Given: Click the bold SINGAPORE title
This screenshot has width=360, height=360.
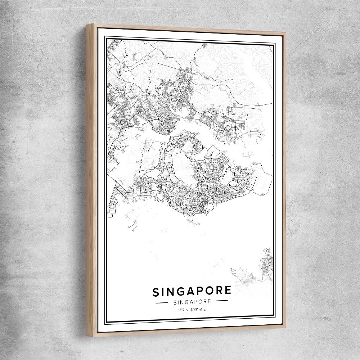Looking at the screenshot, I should pyautogui.click(x=192, y=291).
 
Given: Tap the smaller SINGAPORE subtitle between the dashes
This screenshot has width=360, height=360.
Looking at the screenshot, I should pyautogui.click(x=192, y=302).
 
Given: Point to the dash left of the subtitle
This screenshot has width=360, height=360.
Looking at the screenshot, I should pyautogui.click(x=162, y=303).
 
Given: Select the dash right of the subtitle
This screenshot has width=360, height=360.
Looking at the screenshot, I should pyautogui.click(x=221, y=301).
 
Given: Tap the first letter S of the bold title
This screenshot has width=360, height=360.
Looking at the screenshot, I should pyautogui.click(x=156, y=292).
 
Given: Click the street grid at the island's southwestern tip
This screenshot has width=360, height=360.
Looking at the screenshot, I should pyautogui.click(x=112, y=205).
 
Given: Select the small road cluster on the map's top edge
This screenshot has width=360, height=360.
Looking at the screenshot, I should pyautogui.click(x=204, y=45).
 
